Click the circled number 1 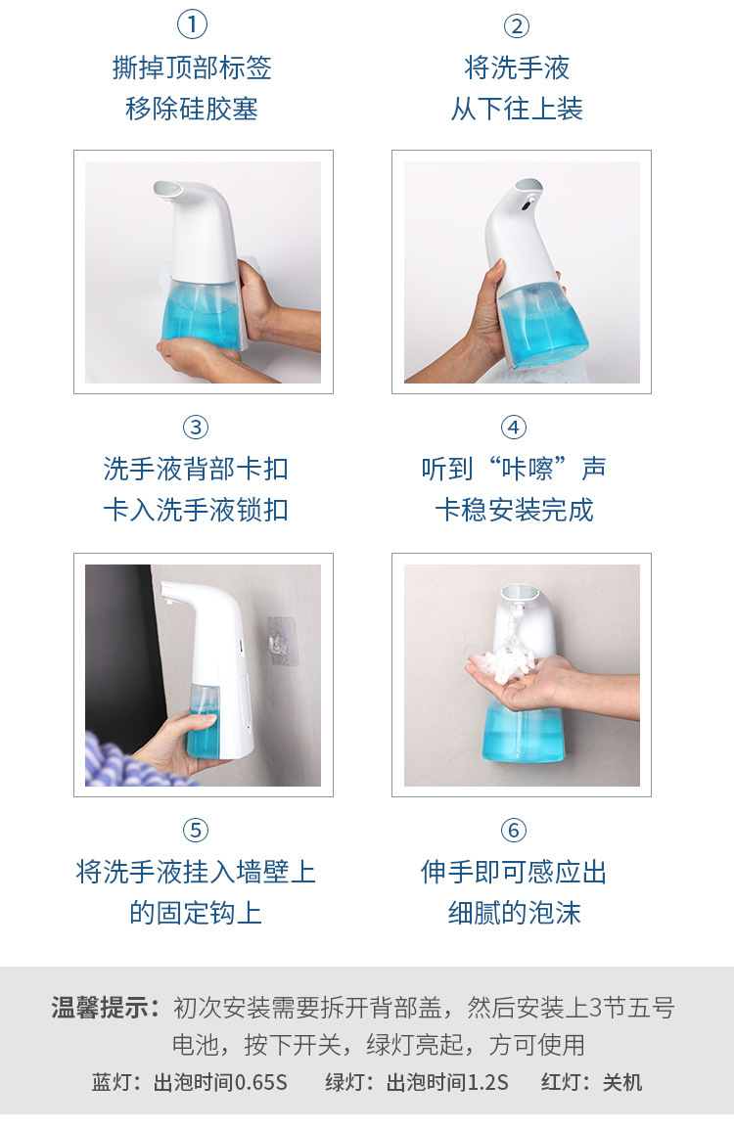coord(192,25)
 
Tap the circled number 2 coord(516,25)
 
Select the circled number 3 coord(196,428)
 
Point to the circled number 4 coord(514,428)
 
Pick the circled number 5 coord(196,831)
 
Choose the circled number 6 coord(514,831)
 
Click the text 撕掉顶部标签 coord(192,68)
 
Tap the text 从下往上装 coord(516,109)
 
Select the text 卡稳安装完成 coord(514,511)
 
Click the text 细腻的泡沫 coord(514,913)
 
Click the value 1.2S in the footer coord(487,1082)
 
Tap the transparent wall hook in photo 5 coord(283,640)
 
